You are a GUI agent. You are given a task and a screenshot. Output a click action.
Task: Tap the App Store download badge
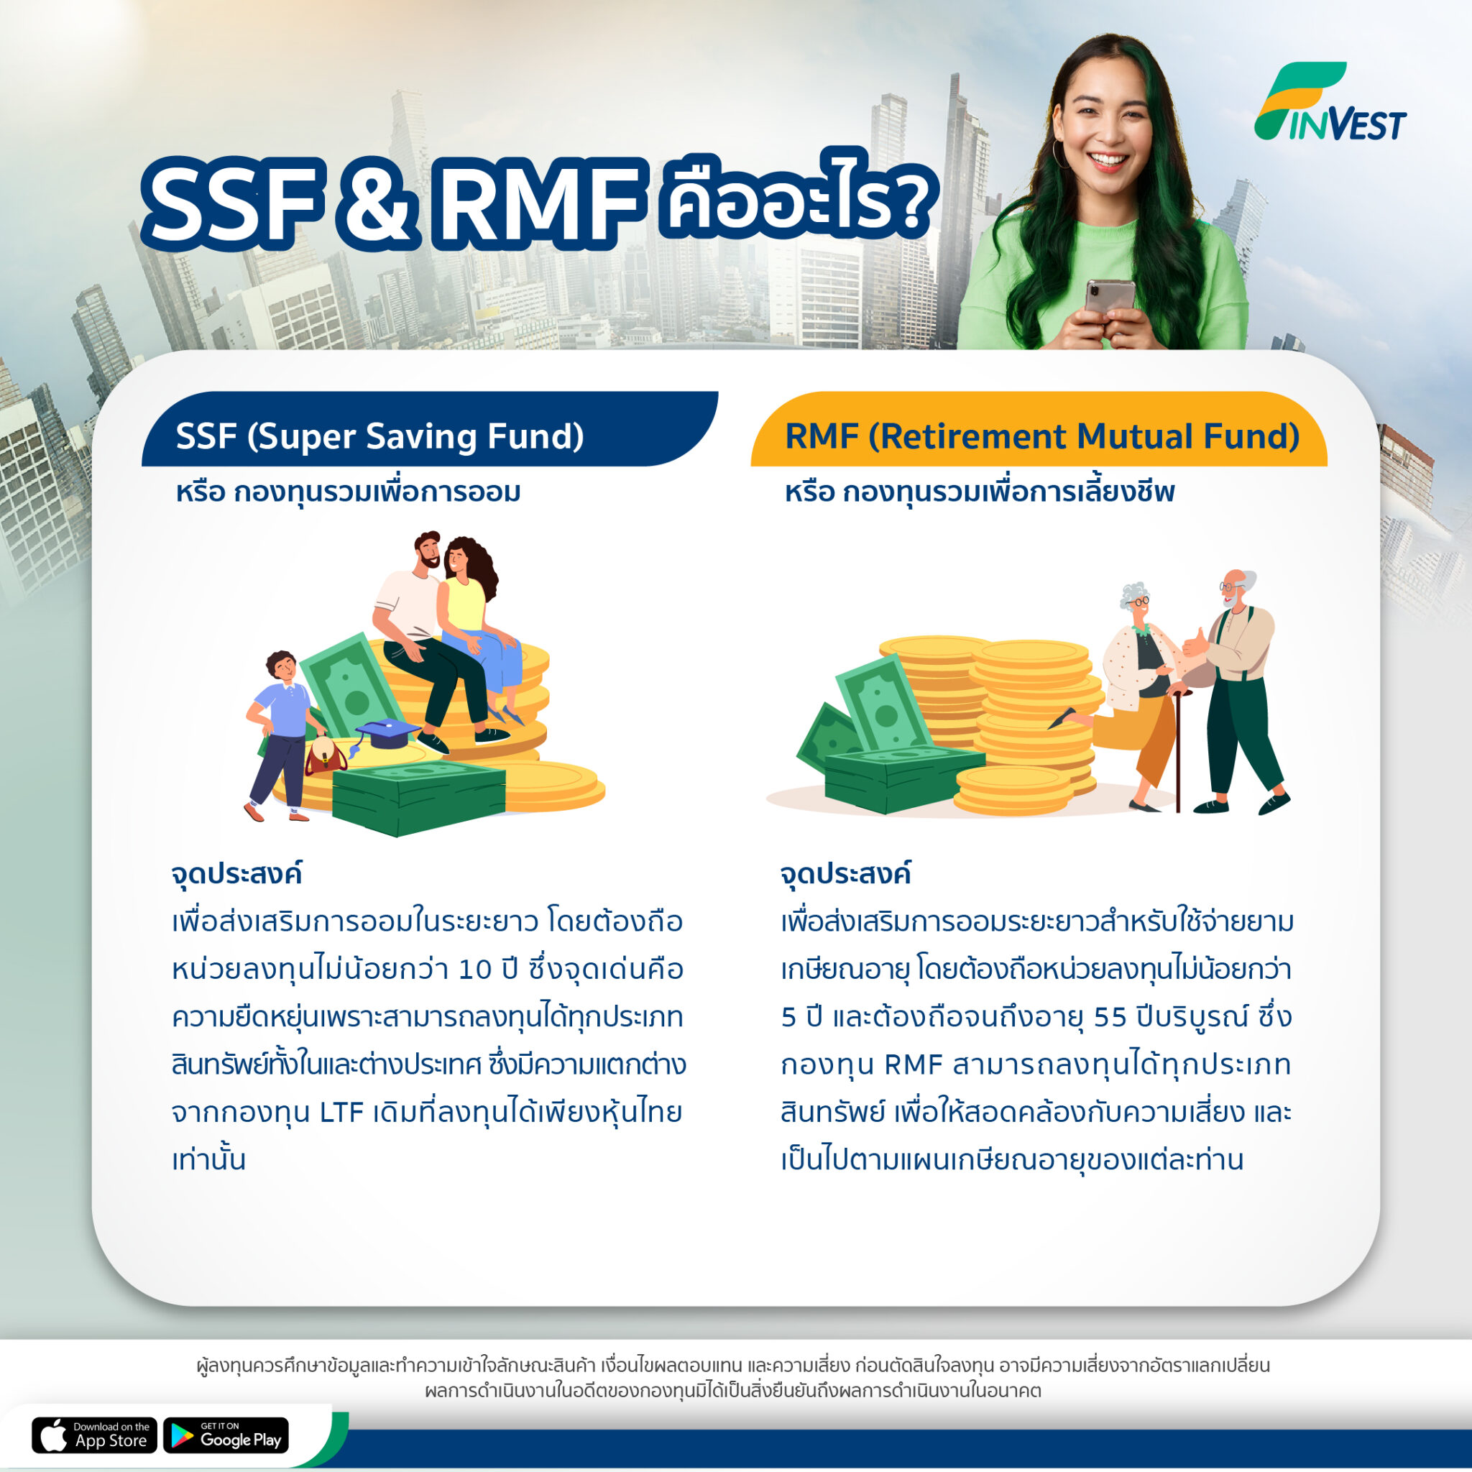94,1435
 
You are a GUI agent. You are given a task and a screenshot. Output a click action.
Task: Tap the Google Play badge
226,1435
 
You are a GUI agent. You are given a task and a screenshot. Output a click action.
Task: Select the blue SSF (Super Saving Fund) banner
429,429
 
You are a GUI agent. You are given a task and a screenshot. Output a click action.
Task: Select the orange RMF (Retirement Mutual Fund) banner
1039,429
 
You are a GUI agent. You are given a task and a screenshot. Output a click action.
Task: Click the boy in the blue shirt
279,736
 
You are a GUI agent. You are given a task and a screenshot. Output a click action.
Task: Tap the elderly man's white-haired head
1233,587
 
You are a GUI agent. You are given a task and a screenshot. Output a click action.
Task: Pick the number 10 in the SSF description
474,970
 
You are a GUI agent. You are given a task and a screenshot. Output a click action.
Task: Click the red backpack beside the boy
326,756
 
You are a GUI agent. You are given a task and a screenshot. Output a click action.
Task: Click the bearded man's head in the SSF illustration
428,550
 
